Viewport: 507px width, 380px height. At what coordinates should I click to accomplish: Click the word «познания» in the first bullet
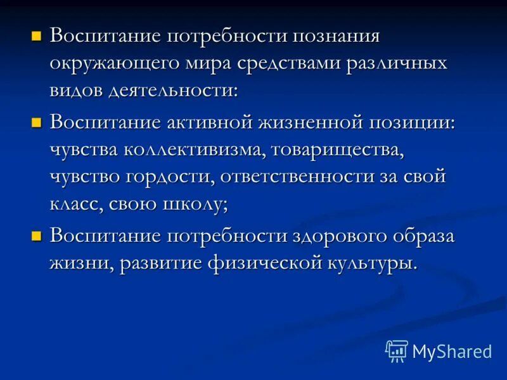(335, 36)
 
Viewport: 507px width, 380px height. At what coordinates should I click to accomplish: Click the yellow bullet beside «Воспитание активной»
(36, 120)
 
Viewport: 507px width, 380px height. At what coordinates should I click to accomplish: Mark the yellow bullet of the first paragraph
(36, 36)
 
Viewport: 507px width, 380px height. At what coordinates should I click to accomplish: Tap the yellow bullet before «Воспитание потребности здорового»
(36, 236)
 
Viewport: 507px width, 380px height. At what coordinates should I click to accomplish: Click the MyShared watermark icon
(397, 350)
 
